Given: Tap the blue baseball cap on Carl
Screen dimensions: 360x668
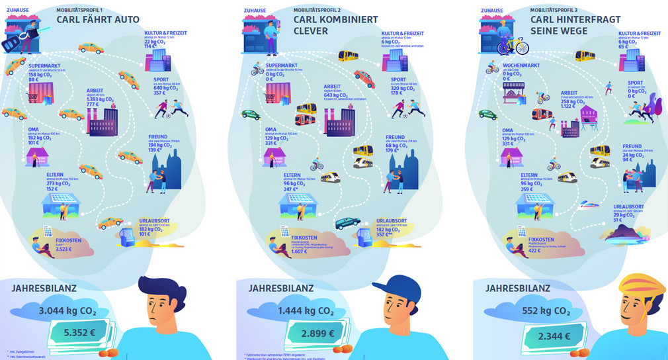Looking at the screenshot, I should tap(402, 290).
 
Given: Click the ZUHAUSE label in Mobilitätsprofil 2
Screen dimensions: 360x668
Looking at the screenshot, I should tap(255, 11).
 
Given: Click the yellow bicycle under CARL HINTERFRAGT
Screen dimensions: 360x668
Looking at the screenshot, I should tap(513, 46).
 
